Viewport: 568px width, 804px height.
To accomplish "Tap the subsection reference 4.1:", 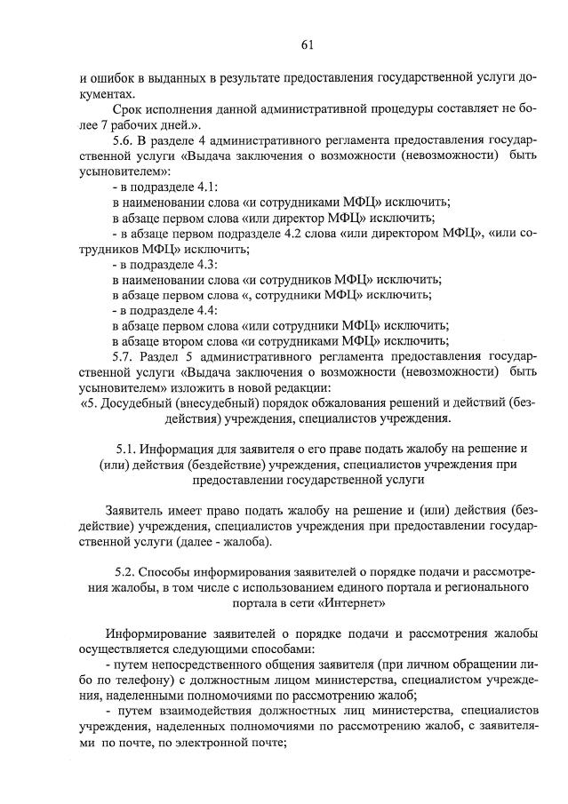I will [205, 187].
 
